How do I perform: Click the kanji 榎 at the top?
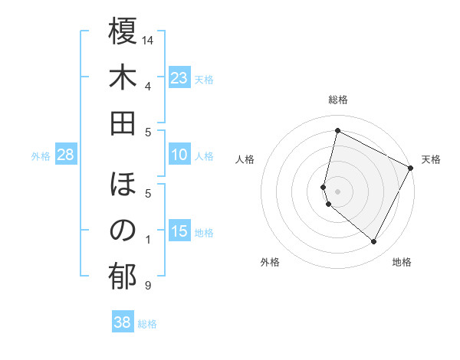123,32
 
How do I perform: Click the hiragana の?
123,231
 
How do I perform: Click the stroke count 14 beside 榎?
149,39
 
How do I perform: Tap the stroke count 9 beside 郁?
147,286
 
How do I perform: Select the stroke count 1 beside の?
147,240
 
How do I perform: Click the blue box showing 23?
179,77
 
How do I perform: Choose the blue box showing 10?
179,155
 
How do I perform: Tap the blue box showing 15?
179,231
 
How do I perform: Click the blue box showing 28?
66,155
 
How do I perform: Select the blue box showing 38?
122,322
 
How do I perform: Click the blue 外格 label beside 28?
41,155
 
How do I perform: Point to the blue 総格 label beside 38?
147,323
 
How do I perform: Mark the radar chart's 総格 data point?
337,131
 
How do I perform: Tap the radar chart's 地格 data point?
373,242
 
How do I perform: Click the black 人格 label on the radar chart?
245,159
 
